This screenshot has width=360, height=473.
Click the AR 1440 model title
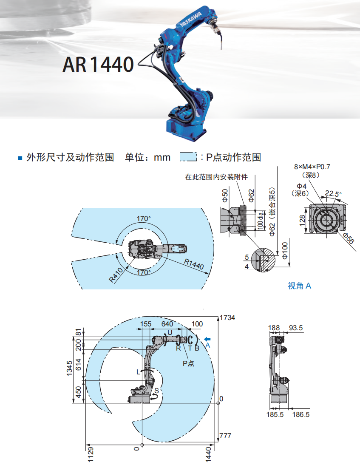pos(98,64)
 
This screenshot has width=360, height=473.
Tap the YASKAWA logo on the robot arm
pos(191,19)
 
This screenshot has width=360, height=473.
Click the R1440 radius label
pos(194,265)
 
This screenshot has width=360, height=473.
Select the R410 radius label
pos(116,275)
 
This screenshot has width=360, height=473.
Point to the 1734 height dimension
pos(227,317)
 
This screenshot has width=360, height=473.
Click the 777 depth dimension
pos(225,436)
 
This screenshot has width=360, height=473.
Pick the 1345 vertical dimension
pos(70,368)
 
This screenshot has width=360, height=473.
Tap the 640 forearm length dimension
pos(167,324)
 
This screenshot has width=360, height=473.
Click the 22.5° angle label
pos(333,194)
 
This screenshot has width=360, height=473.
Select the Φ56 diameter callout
pos(349,238)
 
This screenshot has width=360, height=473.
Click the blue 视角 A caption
pos(299,286)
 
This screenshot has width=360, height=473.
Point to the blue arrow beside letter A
pos(207,339)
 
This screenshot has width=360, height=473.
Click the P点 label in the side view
pos(188,363)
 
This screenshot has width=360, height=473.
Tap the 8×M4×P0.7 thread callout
pos(312,167)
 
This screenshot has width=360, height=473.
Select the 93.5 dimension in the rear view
pos(296,328)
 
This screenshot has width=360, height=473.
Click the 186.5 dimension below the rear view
pos(301,414)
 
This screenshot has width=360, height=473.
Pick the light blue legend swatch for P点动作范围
pos(188,157)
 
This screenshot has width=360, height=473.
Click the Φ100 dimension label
pos(285,251)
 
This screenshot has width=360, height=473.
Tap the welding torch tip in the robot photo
pos(222,47)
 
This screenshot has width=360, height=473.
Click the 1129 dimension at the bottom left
pos(91,455)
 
